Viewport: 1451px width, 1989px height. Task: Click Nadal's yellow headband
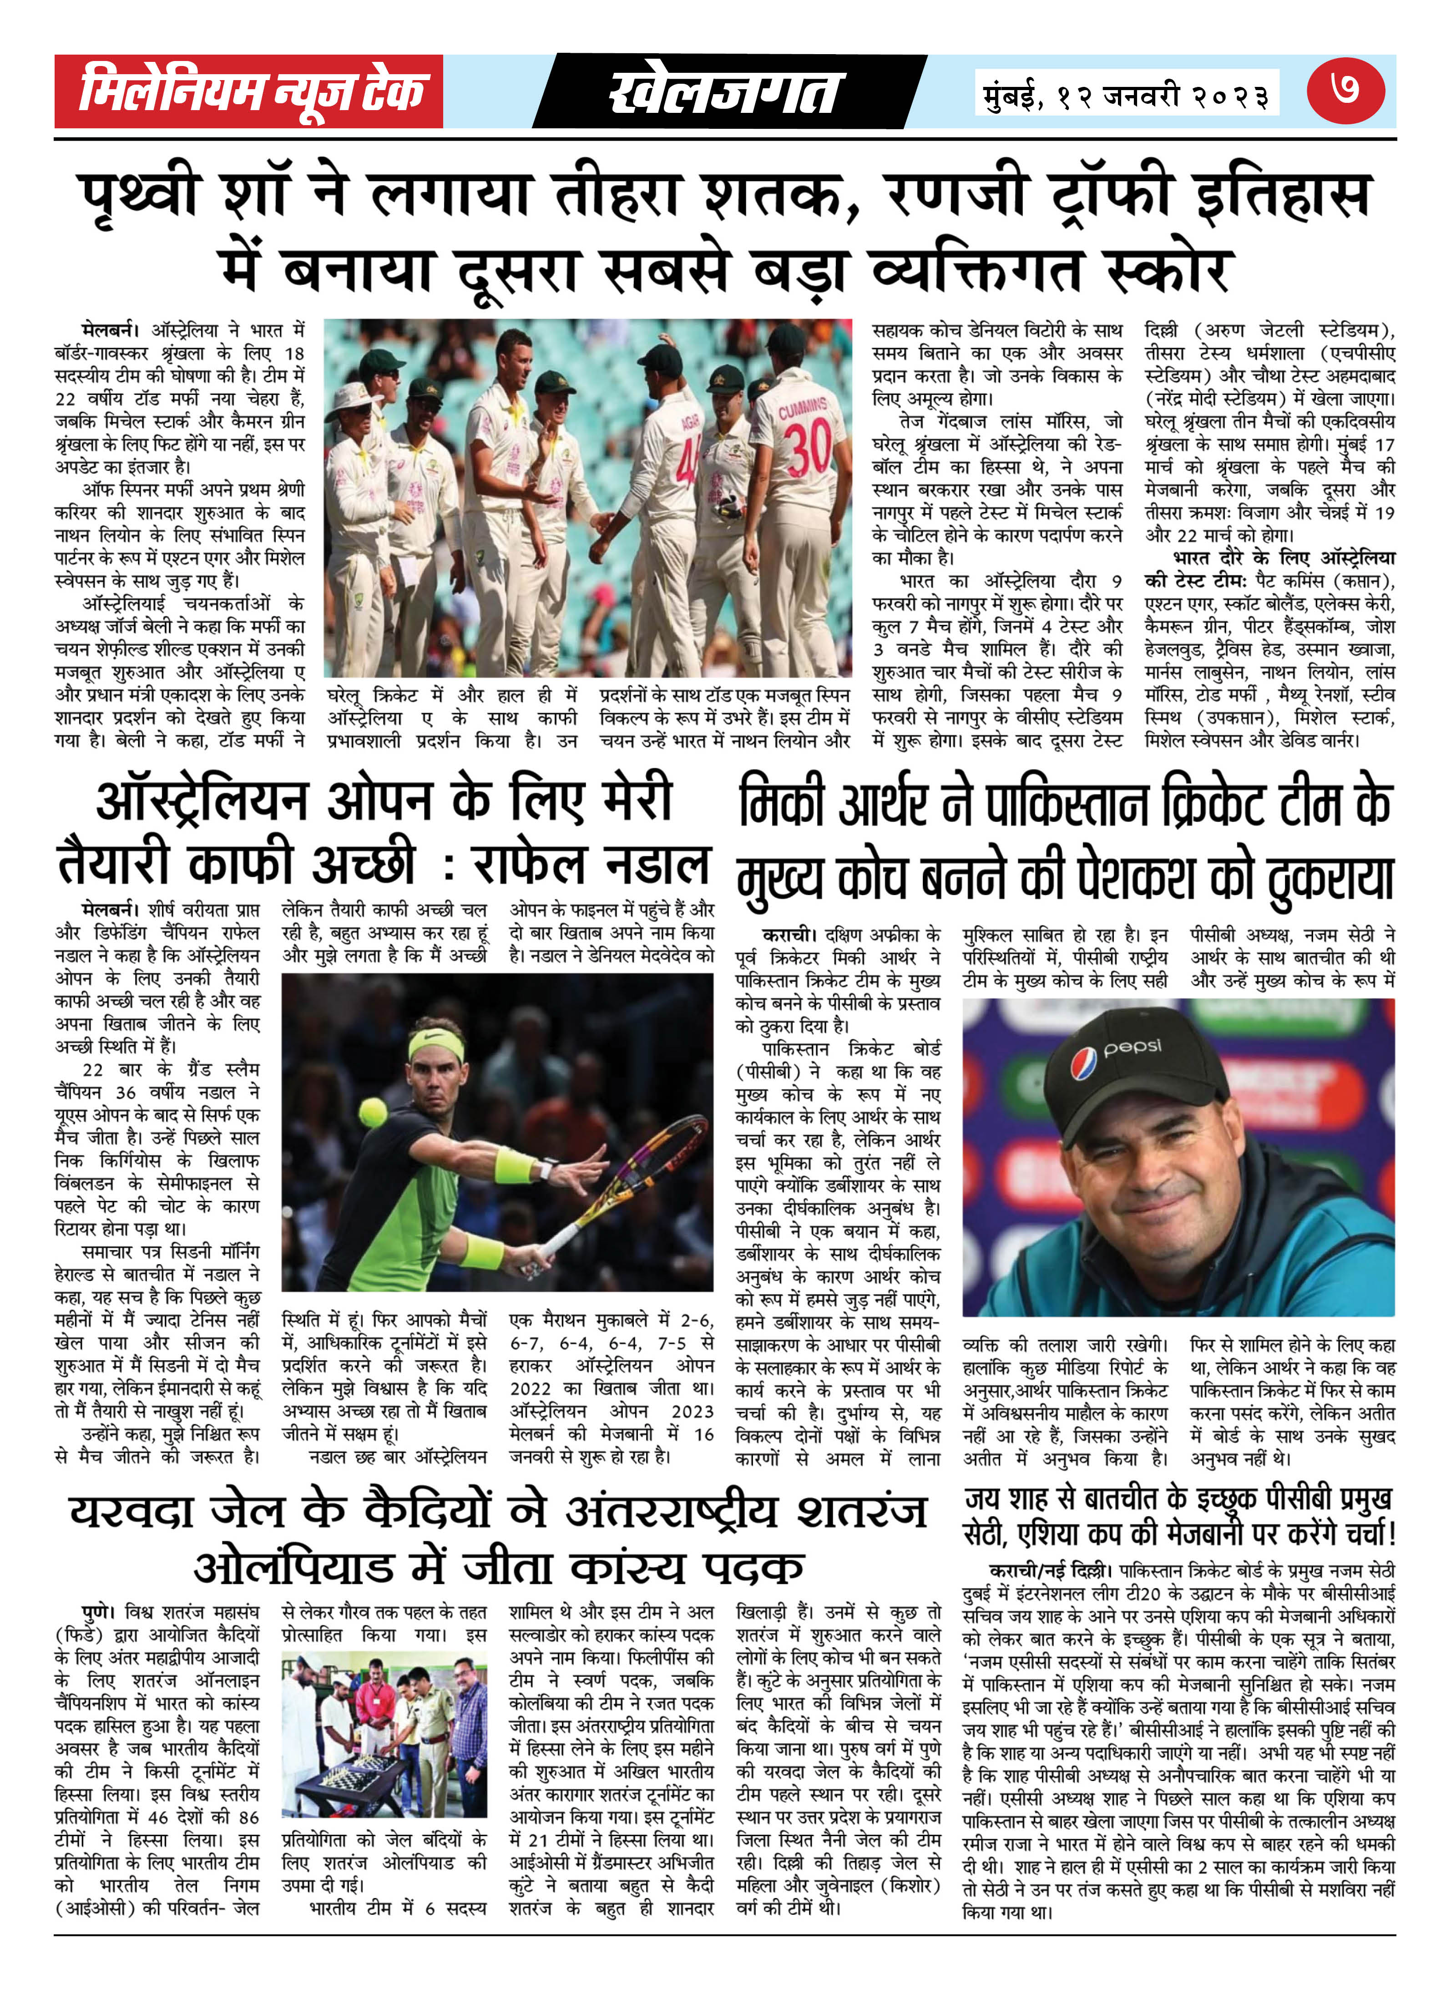click(x=436, y=1045)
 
